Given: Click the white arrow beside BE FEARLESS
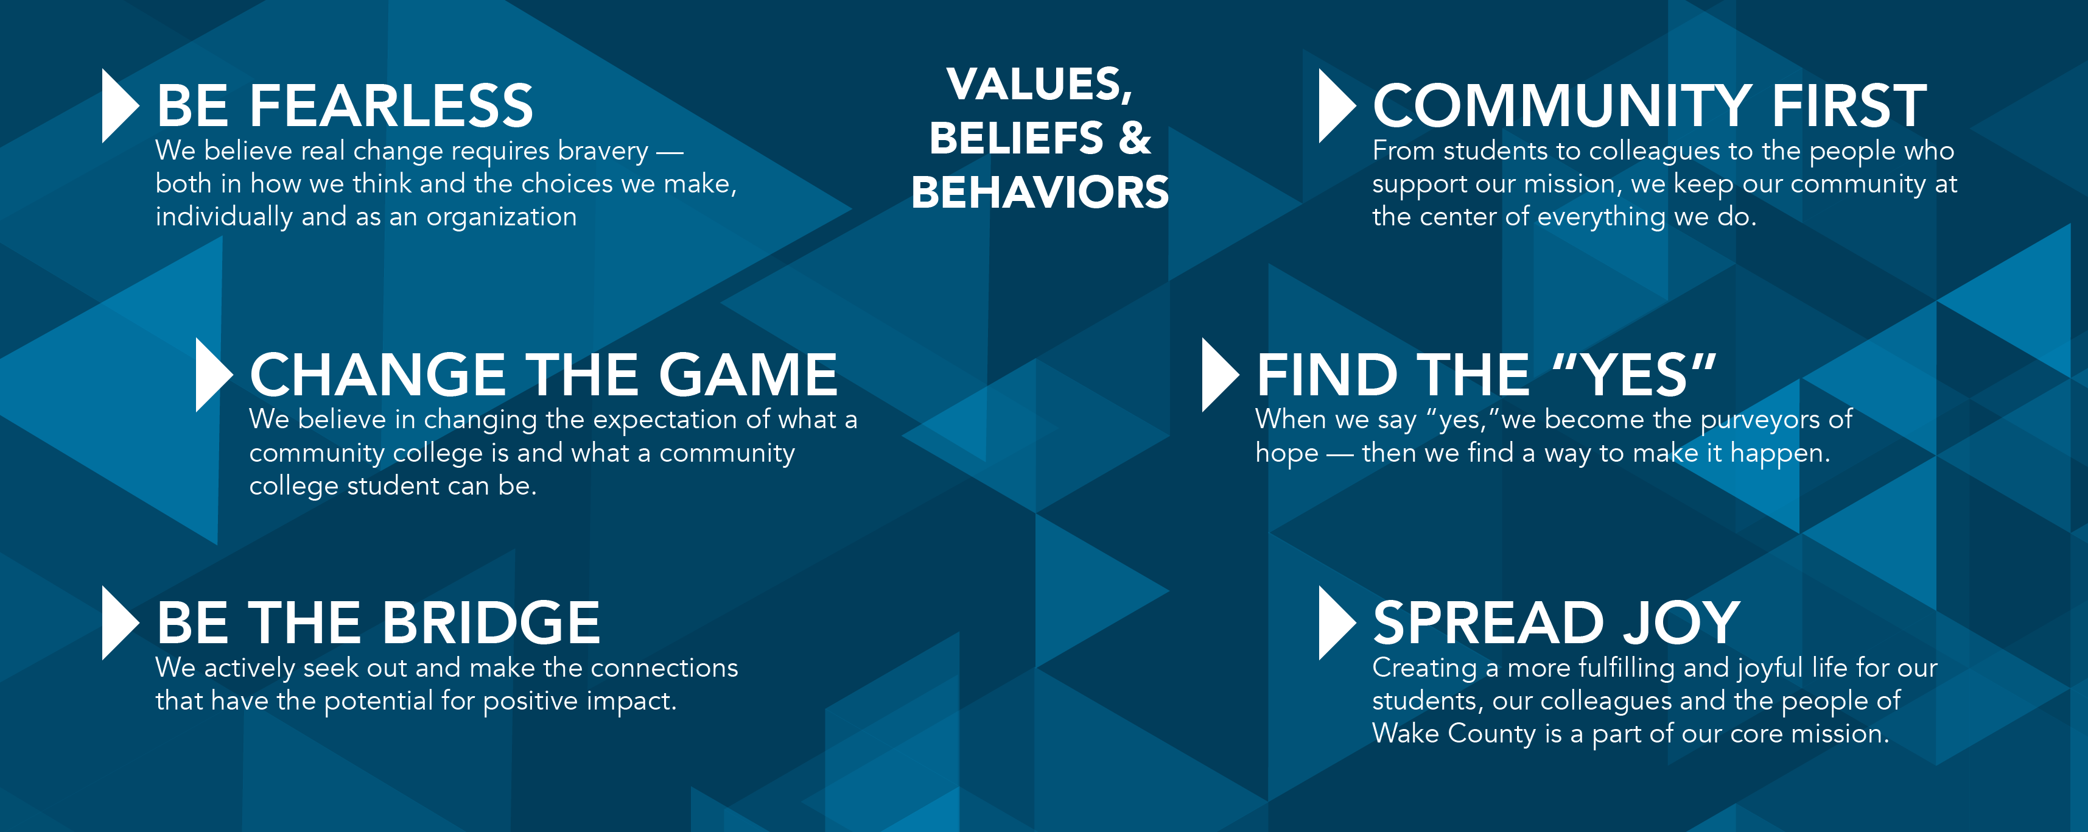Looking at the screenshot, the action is [117, 106].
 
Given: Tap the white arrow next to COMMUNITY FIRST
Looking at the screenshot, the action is [1334, 106].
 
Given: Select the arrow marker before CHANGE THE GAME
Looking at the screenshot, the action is [212, 375].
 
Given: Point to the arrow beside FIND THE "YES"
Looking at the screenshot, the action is [1217, 375].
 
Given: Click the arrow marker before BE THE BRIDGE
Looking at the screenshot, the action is [117, 623].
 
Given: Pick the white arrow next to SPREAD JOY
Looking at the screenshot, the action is [1334, 623].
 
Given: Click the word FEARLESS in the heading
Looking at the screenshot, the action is [391, 106].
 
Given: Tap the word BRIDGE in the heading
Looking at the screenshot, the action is [491, 623].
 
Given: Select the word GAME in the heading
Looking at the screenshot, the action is [748, 375].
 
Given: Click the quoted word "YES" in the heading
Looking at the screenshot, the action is [1634, 375].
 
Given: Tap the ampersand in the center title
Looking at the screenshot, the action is [1135, 138].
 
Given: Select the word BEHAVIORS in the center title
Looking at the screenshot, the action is [1040, 193].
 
